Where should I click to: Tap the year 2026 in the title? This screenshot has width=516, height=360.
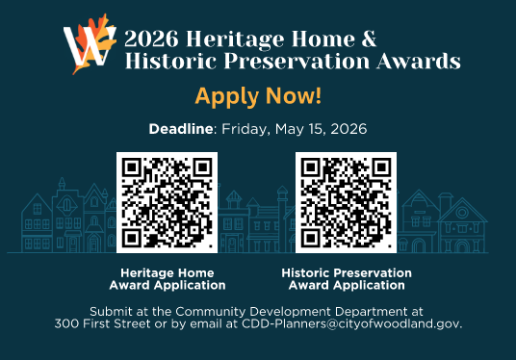[152, 39]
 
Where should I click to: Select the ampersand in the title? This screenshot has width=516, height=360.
[367, 39]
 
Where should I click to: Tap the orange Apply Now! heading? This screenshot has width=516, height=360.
[258, 96]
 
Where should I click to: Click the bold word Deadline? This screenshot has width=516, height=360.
[180, 128]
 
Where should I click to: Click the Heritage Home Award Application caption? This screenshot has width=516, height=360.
[168, 279]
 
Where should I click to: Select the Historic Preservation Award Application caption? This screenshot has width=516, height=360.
[347, 279]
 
